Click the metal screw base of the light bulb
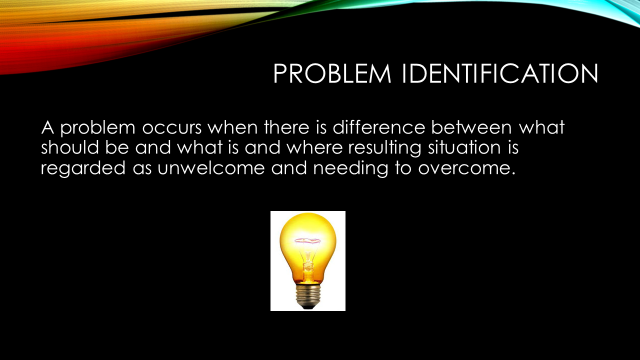pyautogui.click(x=308, y=293)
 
